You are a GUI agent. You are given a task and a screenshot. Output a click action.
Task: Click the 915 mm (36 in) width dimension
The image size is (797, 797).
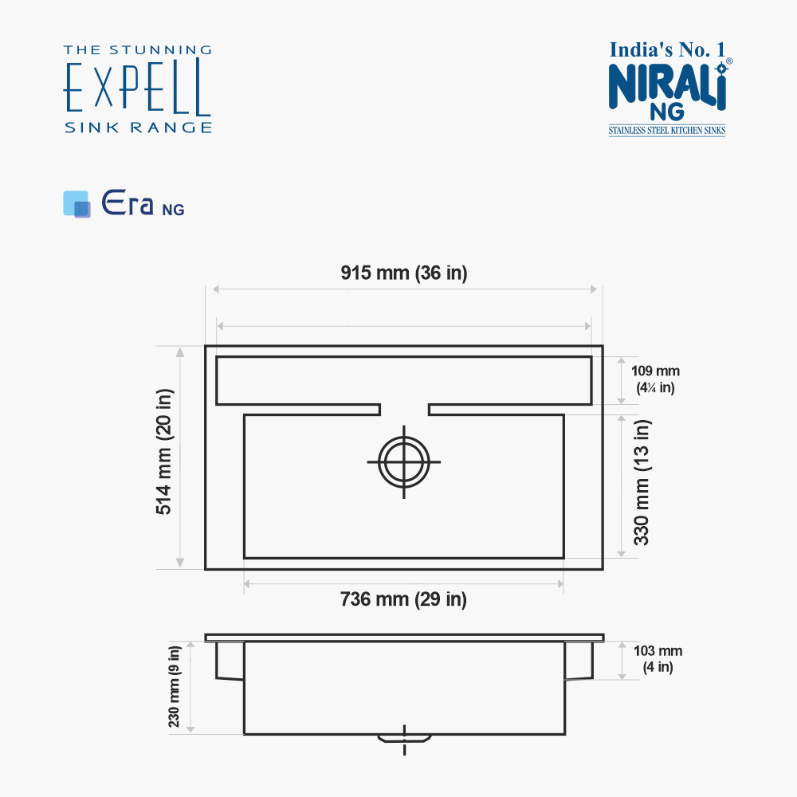(403, 273)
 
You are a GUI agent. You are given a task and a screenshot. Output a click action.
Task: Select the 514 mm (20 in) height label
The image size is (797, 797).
(164, 451)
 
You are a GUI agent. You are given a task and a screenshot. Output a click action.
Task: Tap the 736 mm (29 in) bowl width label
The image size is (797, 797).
(403, 599)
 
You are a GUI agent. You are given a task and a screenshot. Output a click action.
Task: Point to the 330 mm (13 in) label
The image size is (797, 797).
(642, 482)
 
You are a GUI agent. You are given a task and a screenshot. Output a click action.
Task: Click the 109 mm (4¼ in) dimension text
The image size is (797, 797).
(655, 379)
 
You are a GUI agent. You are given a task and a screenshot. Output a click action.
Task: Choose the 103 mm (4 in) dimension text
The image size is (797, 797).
(658, 659)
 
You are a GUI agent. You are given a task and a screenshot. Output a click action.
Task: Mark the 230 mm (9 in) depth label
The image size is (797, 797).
(174, 687)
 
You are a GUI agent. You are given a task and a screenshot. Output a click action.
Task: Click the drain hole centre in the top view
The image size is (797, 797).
(404, 462)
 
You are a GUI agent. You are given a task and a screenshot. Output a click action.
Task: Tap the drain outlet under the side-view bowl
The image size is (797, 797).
(404, 739)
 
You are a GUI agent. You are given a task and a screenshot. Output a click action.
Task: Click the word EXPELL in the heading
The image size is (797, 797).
(137, 88)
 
